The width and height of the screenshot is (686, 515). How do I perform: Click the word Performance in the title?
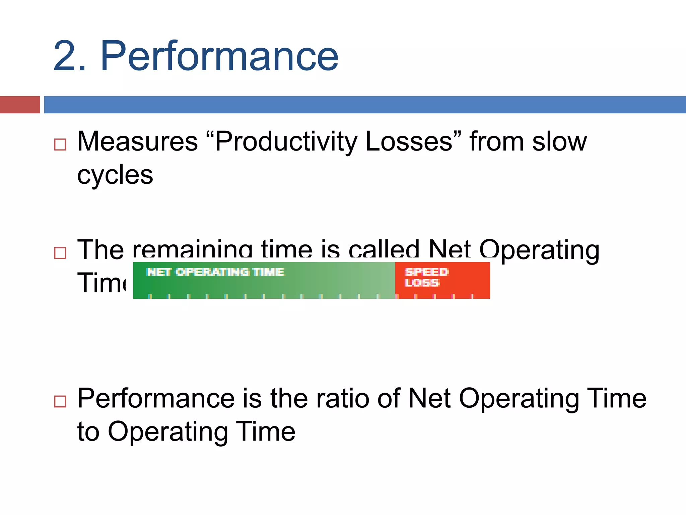tap(219, 56)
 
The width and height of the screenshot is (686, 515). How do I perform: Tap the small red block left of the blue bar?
tap(20, 105)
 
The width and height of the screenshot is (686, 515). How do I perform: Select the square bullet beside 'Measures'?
tap(60, 145)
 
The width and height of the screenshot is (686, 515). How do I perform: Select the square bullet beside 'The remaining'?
tap(60, 253)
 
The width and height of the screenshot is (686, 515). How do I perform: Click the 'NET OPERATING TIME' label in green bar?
tap(215, 272)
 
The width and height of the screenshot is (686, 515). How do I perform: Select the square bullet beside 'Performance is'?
tap(60, 401)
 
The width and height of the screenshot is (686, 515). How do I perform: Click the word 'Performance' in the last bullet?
tap(156, 399)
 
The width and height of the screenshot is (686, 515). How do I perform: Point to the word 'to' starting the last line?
tap(88, 432)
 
